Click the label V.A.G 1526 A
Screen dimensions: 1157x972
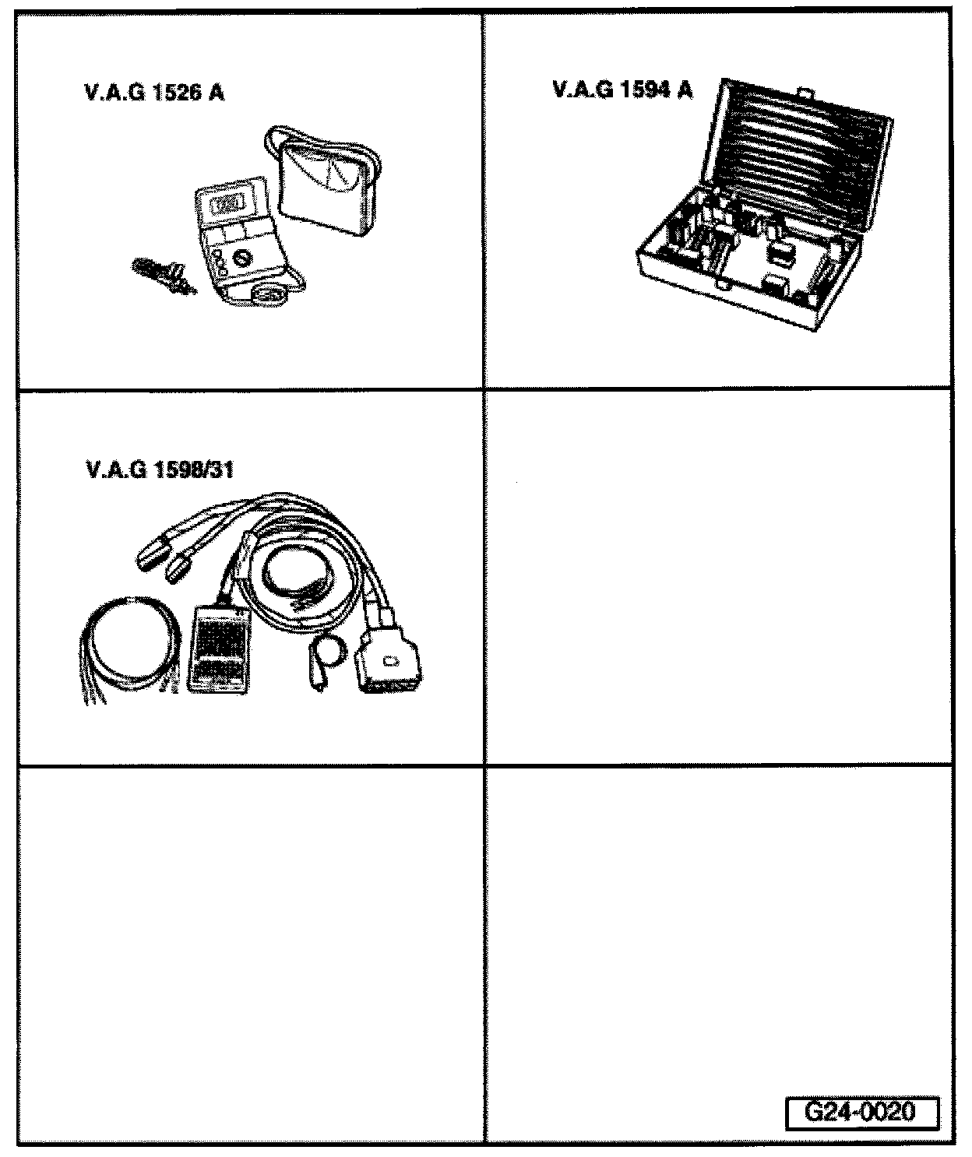click(x=153, y=93)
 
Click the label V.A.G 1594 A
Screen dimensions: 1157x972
click(x=622, y=90)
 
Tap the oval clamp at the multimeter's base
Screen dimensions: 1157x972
click(x=269, y=295)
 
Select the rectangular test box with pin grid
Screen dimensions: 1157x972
click(x=220, y=649)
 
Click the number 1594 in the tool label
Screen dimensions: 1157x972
click(x=642, y=90)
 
